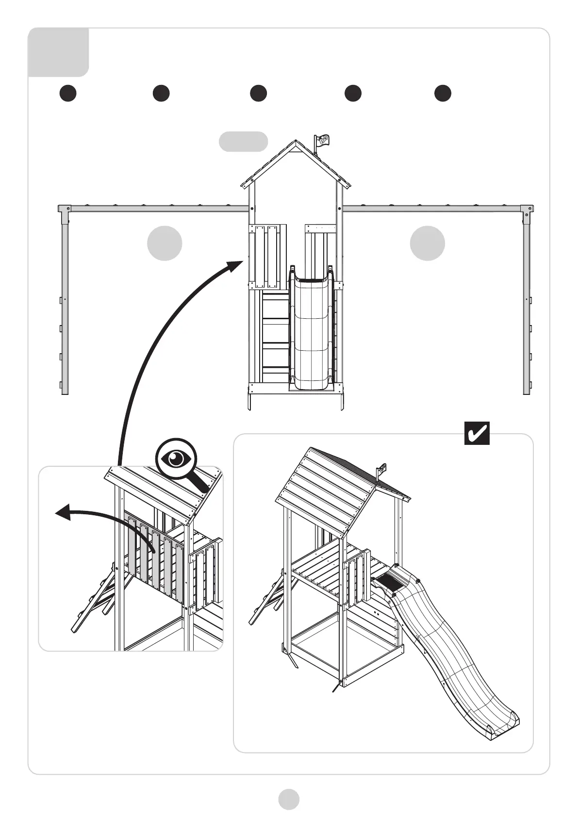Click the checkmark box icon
click(x=477, y=433)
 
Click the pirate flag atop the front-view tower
click(x=322, y=141)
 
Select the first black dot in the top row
click(x=68, y=93)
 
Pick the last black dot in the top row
click(x=442, y=93)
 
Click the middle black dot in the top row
click(x=258, y=93)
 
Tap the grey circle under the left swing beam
click(x=165, y=243)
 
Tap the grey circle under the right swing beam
click(x=427, y=243)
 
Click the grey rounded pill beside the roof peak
click(x=243, y=142)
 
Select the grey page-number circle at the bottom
click(x=289, y=799)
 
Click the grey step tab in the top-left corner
click(x=58, y=52)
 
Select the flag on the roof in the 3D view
click(x=383, y=469)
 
